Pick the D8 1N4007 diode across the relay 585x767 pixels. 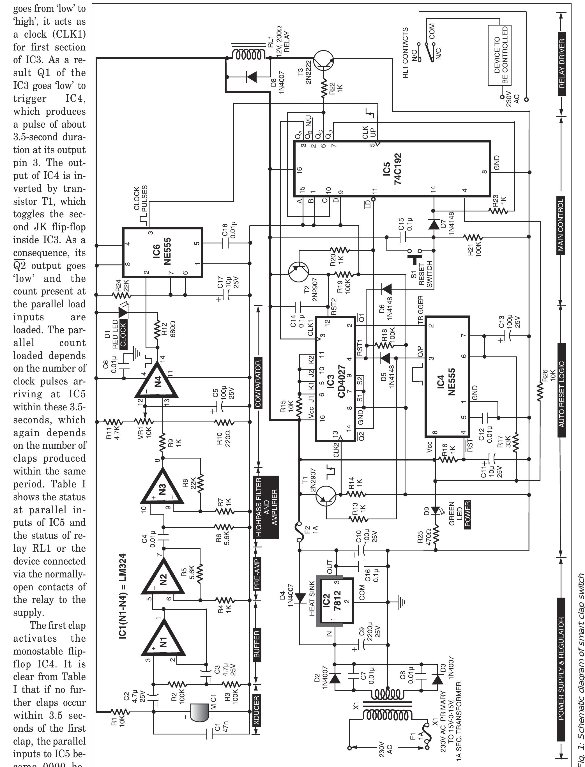point(251,76)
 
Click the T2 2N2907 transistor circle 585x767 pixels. point(298,271)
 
